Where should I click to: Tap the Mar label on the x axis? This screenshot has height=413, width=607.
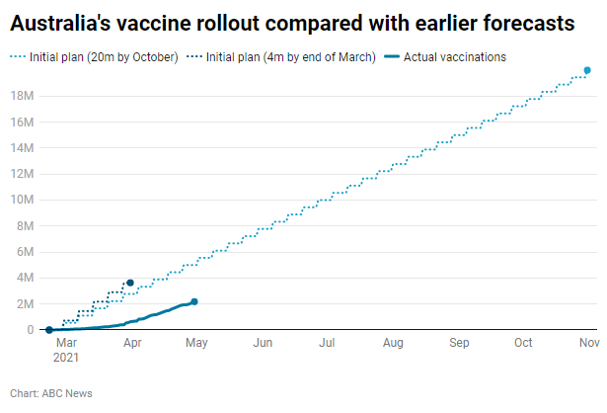tap(66, 343)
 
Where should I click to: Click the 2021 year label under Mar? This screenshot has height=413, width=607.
tap(66, 357)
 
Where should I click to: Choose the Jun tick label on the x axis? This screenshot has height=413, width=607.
tap(263, 343)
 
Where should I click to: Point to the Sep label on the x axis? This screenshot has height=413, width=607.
tap(459, 343)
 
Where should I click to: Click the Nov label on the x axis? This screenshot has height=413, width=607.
tap(588, 343)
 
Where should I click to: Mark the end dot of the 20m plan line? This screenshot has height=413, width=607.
tap(587, 70)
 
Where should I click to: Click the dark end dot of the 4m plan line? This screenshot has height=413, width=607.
tap(130, 283)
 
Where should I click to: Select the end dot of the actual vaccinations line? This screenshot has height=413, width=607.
tap(194, 301)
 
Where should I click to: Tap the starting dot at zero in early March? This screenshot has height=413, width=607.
tap(48, 330)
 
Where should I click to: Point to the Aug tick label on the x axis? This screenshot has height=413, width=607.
tap(393, 343)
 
